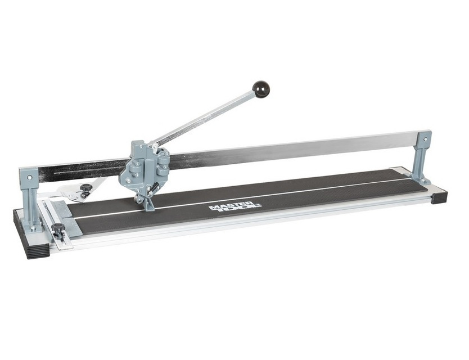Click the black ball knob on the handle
pyautogui.click(x=261, y=88)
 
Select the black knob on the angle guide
pyautogui.click(x=85, y=189)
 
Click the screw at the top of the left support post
pyautogui.click(x=29, y=177)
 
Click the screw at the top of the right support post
pyautogui.click(x=426, y=138)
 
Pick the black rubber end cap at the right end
pyautogui.click(x=440, y=197)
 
